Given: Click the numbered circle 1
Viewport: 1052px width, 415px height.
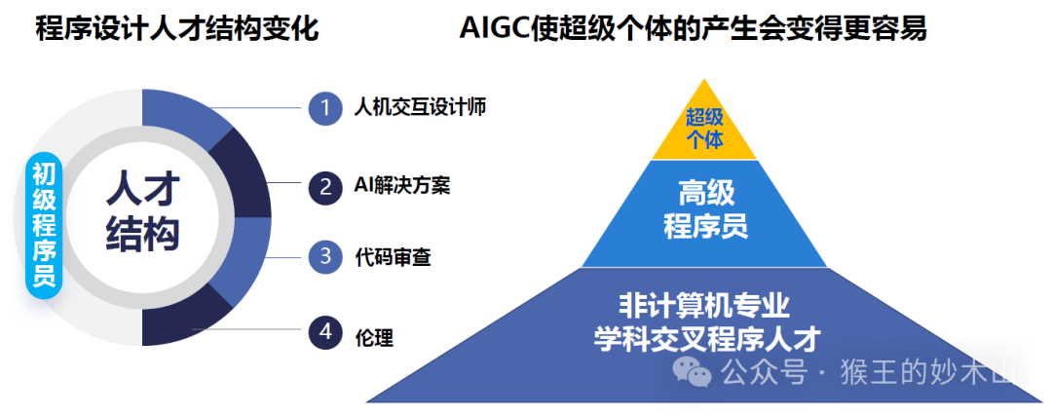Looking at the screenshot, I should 325,107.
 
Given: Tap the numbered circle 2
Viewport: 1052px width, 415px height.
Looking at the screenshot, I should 325,185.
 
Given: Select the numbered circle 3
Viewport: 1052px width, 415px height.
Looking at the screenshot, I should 325,257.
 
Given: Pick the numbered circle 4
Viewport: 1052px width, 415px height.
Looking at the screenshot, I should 325,333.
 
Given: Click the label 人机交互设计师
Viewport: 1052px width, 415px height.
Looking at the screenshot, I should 420,108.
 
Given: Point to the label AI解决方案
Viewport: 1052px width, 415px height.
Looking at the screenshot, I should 402,185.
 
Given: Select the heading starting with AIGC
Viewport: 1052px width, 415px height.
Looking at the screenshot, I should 693,29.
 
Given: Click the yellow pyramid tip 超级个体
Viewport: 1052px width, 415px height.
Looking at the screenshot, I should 704,129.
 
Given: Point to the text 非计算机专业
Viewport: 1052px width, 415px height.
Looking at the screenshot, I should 704,304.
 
